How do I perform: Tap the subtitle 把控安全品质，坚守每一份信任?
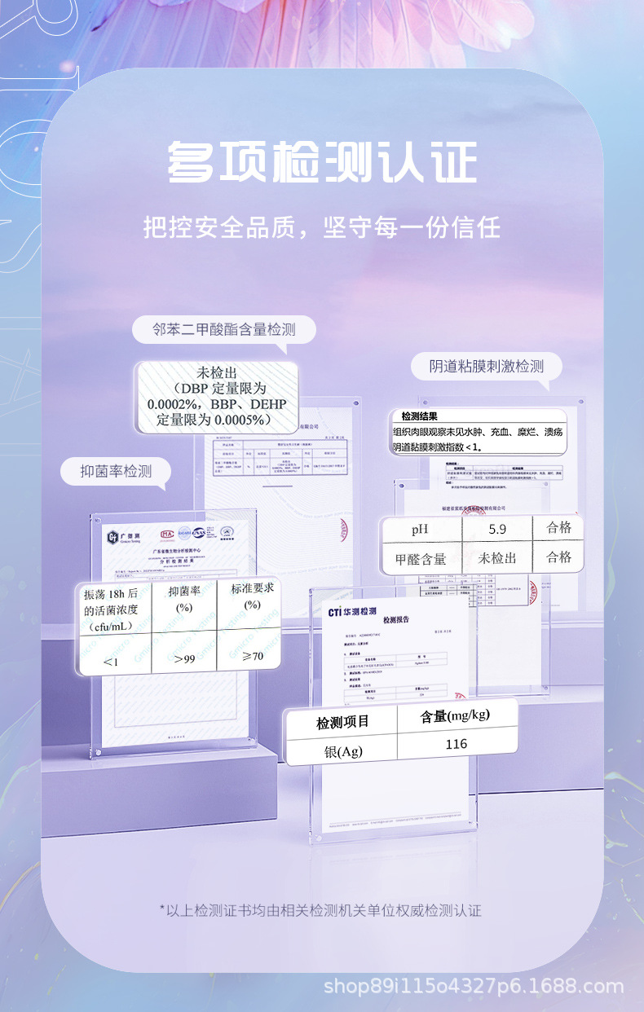(322, 227)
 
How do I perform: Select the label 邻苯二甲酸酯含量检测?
(223, 330)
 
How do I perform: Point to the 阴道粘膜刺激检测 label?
(487, 367)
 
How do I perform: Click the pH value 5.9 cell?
(497, 529)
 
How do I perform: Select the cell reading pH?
(420, 530)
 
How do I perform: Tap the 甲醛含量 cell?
(421, 559)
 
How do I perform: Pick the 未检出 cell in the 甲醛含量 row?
(497, 559)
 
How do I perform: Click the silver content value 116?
(457, 744)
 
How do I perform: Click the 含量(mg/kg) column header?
(457, 715)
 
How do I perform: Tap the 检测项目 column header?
(343, 721)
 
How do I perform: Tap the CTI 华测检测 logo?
(352, 612)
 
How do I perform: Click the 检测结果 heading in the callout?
(420, 416)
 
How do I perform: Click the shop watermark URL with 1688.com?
(474, 987)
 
